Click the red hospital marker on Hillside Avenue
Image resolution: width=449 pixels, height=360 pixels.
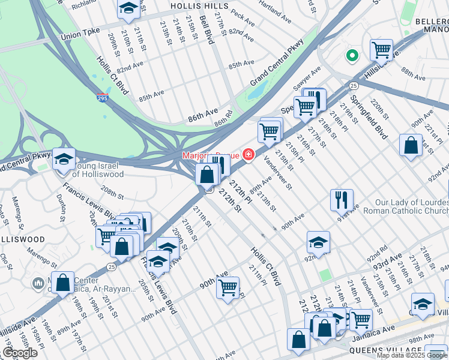pos(249,155)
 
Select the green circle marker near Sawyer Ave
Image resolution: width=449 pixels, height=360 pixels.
pos(352,56)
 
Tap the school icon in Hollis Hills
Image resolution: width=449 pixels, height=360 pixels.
pos(128,8)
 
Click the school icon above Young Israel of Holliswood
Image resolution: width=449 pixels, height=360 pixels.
pos(64,159)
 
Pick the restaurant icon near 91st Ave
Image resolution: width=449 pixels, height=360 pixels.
pos(342,199)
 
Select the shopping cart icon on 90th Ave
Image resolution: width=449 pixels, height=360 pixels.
pos(228,287)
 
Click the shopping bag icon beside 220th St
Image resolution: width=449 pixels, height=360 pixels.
pos(411,146)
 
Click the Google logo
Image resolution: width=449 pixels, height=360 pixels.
pos(20,353)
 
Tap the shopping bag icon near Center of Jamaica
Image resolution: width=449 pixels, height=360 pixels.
pos(62,283)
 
